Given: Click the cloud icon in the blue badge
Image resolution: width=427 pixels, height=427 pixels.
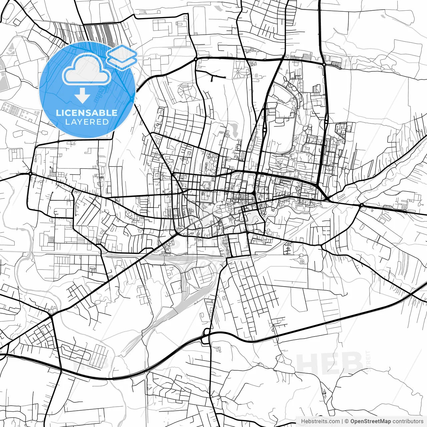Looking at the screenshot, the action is coord(86,69).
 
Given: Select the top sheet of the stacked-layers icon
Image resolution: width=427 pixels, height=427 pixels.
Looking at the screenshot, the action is coord(122,53).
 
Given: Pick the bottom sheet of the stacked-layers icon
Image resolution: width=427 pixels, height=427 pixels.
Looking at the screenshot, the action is coord(122,61).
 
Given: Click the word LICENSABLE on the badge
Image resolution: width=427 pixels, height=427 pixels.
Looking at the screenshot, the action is coord(87,113).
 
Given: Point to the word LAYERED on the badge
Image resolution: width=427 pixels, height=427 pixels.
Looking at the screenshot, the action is coord(87,122).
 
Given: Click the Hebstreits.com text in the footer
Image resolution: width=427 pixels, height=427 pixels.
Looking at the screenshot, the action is coord(320,421).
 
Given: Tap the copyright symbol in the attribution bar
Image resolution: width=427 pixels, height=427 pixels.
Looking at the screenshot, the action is coord(347,421).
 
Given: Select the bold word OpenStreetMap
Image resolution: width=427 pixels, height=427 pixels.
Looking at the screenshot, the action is coord(371,421).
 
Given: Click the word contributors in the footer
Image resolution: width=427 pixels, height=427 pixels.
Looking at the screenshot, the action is coord(408,421).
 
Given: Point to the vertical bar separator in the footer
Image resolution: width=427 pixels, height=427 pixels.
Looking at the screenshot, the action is coord(342,421).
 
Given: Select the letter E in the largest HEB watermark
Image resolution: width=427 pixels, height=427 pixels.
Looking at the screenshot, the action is coord(329,364).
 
